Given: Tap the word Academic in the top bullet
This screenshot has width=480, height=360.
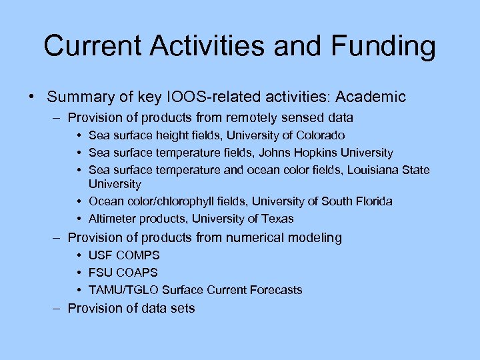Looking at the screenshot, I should pyautogui.click(x=371, y=97).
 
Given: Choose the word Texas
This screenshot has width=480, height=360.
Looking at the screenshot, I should pyautogui.click(x=278, y=219).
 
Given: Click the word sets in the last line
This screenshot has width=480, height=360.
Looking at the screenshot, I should pyautogui.click(x=182, y=308).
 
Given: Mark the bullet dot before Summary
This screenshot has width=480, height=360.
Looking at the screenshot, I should pyautogui.click(x=32, y=97).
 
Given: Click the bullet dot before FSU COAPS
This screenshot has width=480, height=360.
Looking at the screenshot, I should pyautogui.click(x=79, y=273).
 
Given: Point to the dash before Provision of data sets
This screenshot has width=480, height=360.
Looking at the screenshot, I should pyautogui.click(x=58, y=308).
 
